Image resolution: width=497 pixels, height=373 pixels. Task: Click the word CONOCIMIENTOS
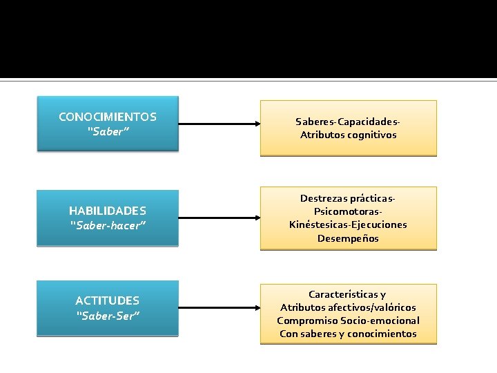[108, 117]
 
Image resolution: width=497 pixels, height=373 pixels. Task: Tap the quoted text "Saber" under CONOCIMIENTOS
[108, 131]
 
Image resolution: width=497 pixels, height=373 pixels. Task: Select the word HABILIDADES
[108, 210]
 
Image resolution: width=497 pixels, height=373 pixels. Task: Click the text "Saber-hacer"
[108, 224]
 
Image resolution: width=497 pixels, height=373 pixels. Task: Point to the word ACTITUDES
[108, 300]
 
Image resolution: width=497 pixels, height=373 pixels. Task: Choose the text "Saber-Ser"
[108, 316]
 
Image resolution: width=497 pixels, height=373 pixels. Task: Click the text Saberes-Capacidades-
[349, 122]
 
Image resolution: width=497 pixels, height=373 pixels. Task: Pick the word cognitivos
[373, 135]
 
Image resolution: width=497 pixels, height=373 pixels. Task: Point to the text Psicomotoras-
[349, 211]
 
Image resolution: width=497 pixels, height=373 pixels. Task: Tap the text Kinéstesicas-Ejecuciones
[349, 224]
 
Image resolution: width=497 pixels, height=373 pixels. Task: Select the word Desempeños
[349, 238]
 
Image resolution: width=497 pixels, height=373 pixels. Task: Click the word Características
[342, 294]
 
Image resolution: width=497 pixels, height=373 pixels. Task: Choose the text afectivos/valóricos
[373, 307]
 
